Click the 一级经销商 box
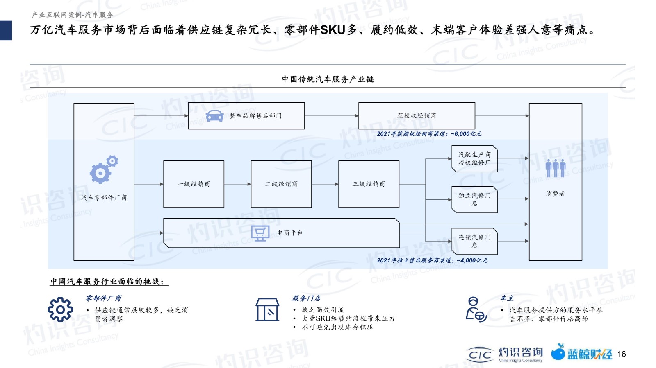click(194, 184)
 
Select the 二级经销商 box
click(281, 184)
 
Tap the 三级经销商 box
click(369, 184)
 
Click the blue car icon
click(215, 116)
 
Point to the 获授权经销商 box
click(417, 116)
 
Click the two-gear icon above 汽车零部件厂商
click(104, 169)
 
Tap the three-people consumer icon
click(555, 168)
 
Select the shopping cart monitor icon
click(260, 234)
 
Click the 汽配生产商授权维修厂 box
click(474, 159)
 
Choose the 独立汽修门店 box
click(474, 200)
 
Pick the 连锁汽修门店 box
click(474, 241)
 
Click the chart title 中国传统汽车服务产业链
click(328, 79)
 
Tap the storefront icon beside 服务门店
click(267, 309)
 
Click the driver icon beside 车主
click(476, 309)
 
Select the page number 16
click(622, 354)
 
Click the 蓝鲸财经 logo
click(581, 352)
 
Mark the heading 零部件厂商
click(103, 298)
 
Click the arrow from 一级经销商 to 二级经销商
click(237, 184)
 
